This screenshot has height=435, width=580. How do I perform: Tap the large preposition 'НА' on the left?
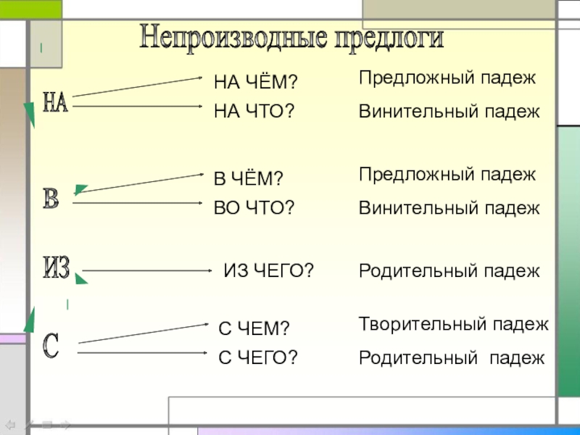pyautogui.click(x=56, y=102)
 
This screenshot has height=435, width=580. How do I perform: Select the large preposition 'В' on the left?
pyautogui.click(x=51, y=199)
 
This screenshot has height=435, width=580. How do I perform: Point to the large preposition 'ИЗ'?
pyautogui.click(x=57, y=269)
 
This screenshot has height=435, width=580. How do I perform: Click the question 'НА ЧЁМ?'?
pyautogui.click(x=255, y=83)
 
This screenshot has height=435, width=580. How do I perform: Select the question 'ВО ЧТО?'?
pyautogui.click(x=254, y=208)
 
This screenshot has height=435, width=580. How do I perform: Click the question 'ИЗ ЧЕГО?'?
pyautogui.click(x=268, y=271)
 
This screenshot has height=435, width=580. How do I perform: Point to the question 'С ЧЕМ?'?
pyautogui.click(x=254, y=330)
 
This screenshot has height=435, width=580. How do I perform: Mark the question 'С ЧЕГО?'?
pyautogui.click(x=258, y=357)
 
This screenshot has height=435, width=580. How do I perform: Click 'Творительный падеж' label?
pyautogui.click(x=454, y=324)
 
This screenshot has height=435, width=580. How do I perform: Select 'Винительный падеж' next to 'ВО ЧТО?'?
pyautogui.click(x=449, y=208)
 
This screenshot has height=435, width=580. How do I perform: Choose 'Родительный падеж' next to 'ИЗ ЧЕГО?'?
pyautogui.click(x=449, y=271)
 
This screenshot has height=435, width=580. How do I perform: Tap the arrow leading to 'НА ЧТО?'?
pyautogui.click(x=138, y=107)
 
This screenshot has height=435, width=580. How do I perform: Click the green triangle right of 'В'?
pyautogui.click(x=80, y=191)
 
